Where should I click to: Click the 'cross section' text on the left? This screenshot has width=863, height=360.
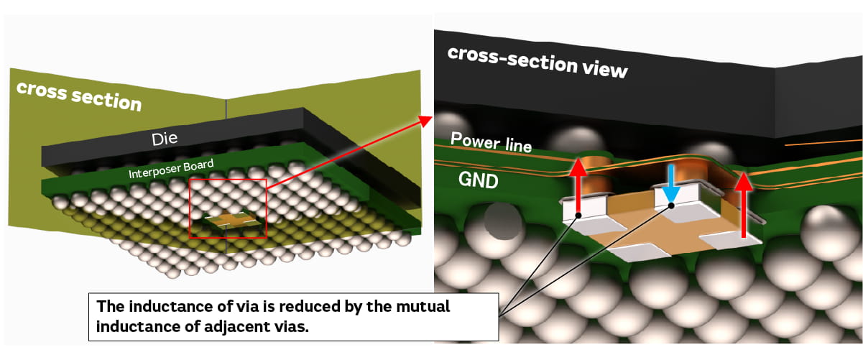(x=78, y=96)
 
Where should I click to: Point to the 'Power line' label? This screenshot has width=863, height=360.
(x=491, y=142)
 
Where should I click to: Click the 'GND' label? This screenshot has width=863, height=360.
(x=477, y=178)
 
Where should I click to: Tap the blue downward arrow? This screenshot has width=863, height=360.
(x=670, y=185)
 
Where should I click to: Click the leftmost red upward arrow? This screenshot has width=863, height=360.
(x=577, y=188)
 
